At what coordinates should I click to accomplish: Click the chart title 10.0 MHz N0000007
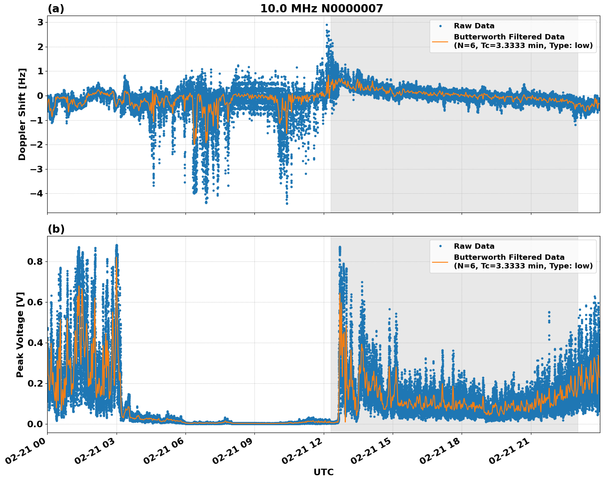pos(321,9)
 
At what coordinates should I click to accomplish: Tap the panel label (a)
pos(56,9)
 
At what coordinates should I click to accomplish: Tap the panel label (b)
pos(56,229)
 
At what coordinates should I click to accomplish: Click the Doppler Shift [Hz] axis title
pos(22,114)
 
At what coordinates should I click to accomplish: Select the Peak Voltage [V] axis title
pos(20,334)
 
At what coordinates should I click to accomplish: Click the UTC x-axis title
pos(323,472)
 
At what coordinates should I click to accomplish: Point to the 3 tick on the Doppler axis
pos(40,22)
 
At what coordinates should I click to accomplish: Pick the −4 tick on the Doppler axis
pos(37,193)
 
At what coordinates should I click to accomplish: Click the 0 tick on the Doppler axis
pos(40,96)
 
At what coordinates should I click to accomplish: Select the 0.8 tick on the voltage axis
pos(34,261)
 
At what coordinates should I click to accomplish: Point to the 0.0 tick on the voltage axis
pos(34,424)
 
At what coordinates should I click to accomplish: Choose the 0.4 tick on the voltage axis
pos(34,343)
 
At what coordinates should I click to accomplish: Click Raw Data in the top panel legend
pos(474,26)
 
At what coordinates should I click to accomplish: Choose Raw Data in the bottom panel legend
pos(474,246)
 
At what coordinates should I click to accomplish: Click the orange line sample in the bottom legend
pos(440,261)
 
